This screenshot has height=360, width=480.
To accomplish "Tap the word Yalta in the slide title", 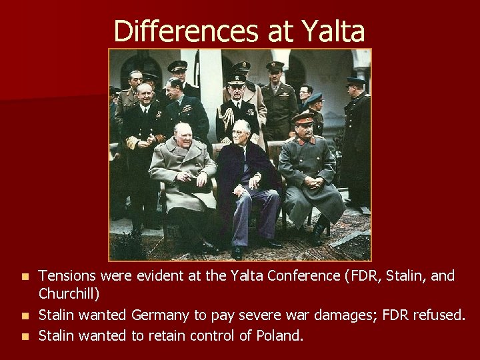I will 333,31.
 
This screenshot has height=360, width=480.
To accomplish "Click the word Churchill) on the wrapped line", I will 69,293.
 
